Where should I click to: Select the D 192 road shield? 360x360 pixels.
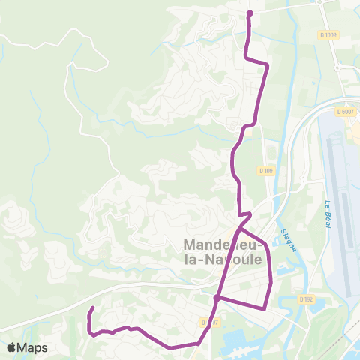(x=305, y=298)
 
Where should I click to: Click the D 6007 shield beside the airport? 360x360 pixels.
(x=345, y=112)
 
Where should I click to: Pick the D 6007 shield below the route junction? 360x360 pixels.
(x=209, y=322)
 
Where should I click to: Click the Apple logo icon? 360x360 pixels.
(x=11, y=348)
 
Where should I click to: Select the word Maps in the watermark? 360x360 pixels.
(x=32, y=348)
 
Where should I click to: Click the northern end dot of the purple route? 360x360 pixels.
(x=250, y=13)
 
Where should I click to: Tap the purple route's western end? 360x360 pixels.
(x=91, y=309)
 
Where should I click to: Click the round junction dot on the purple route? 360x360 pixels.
(x=216, y=298)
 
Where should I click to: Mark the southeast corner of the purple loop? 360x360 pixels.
(x=265, y=307)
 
